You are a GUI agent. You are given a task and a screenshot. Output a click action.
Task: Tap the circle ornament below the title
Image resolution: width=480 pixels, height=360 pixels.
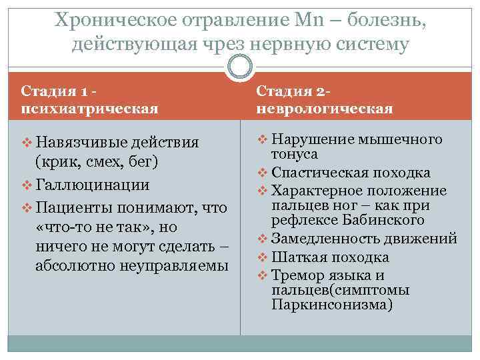(x=240, y=66)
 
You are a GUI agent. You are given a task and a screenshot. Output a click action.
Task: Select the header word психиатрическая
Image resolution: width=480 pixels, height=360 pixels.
(x=89, y=107)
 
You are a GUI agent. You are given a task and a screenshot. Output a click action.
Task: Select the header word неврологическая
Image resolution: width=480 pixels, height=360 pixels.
(x=325, y=107)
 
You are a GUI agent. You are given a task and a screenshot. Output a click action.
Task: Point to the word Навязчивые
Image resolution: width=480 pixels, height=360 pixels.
(x=73, y=143)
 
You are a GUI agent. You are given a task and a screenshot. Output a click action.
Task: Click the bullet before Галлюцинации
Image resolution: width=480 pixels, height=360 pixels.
(x=27, y=185)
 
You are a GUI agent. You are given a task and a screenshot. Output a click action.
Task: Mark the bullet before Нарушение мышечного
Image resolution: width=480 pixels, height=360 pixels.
(x=262, y=140)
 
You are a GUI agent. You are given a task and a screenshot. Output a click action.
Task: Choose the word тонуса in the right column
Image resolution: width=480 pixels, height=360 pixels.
(x=295, y=155)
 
